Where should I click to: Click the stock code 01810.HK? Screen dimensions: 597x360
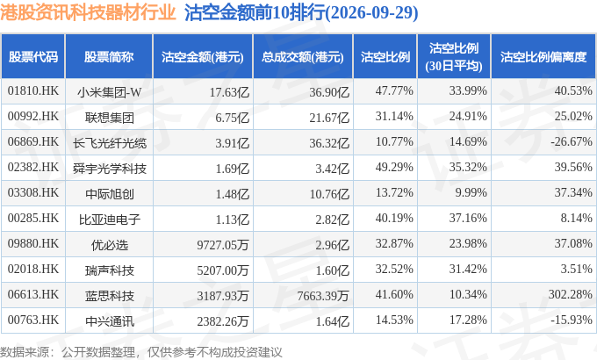pyautogui.click(x=33, y=91)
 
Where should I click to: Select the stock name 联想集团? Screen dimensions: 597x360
pyautogui.click(x=109, y=118)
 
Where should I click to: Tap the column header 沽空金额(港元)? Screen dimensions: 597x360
pyautogui.click(x=203, y=57)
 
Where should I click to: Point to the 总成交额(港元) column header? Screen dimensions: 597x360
pyautogui.click(x=303, y=57)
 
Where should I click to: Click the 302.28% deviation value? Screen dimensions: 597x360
pyautogui.click(x=570, y=294)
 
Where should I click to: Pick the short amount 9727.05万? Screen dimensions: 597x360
pyautogui.click(x=223, y=245)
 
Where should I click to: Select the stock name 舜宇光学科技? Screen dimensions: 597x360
pyautogui.click(x=109, y=169)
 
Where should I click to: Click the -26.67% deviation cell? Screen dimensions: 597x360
pyautogui.click(x=572, y=141)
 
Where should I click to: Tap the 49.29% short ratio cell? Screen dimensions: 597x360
pyautogui.click(x=394, y=167)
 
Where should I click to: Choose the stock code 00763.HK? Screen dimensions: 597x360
pyautogui.click(x=33, y=320)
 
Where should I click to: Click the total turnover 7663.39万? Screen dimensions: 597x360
pyautogui.click(x=323, y=296)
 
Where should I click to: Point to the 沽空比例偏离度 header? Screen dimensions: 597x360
pyautogui.click(x=543, y=57)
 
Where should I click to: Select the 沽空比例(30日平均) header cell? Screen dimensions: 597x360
pyautogui.click(x=454, y=57)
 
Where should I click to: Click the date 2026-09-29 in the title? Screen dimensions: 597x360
pyautogui.click(x=371, y=12)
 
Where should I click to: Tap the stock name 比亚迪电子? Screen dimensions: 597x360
pyautogui.click(x=109, y=220)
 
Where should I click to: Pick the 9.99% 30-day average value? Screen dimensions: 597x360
pyautogui.click(x=471, y=193)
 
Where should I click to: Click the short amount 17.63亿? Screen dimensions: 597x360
pyautogui.click(x=229, y=92)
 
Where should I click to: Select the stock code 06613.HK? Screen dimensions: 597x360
pyautogui.click(x=33, y=294)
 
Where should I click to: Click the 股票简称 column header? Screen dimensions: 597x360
pyautogui.click(x=109, y=57)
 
